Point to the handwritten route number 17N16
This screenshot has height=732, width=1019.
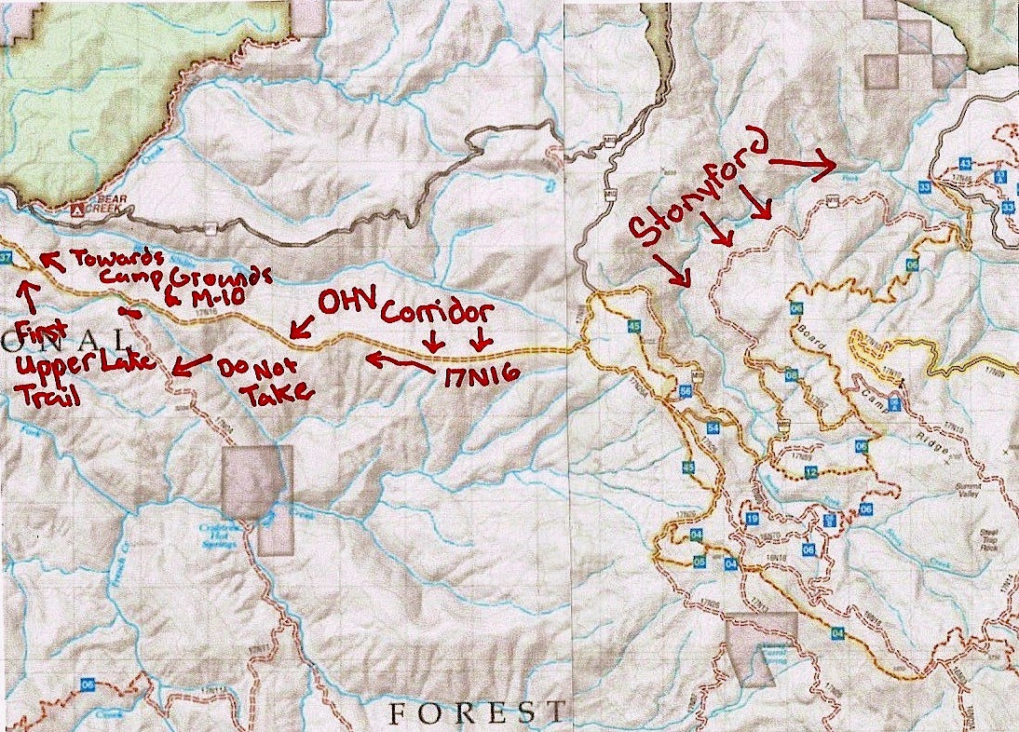(474, 381)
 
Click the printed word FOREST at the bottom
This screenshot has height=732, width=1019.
(476, 713)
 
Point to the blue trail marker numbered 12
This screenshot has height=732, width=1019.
(811, 472)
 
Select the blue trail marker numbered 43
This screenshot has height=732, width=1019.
(965, 164)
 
